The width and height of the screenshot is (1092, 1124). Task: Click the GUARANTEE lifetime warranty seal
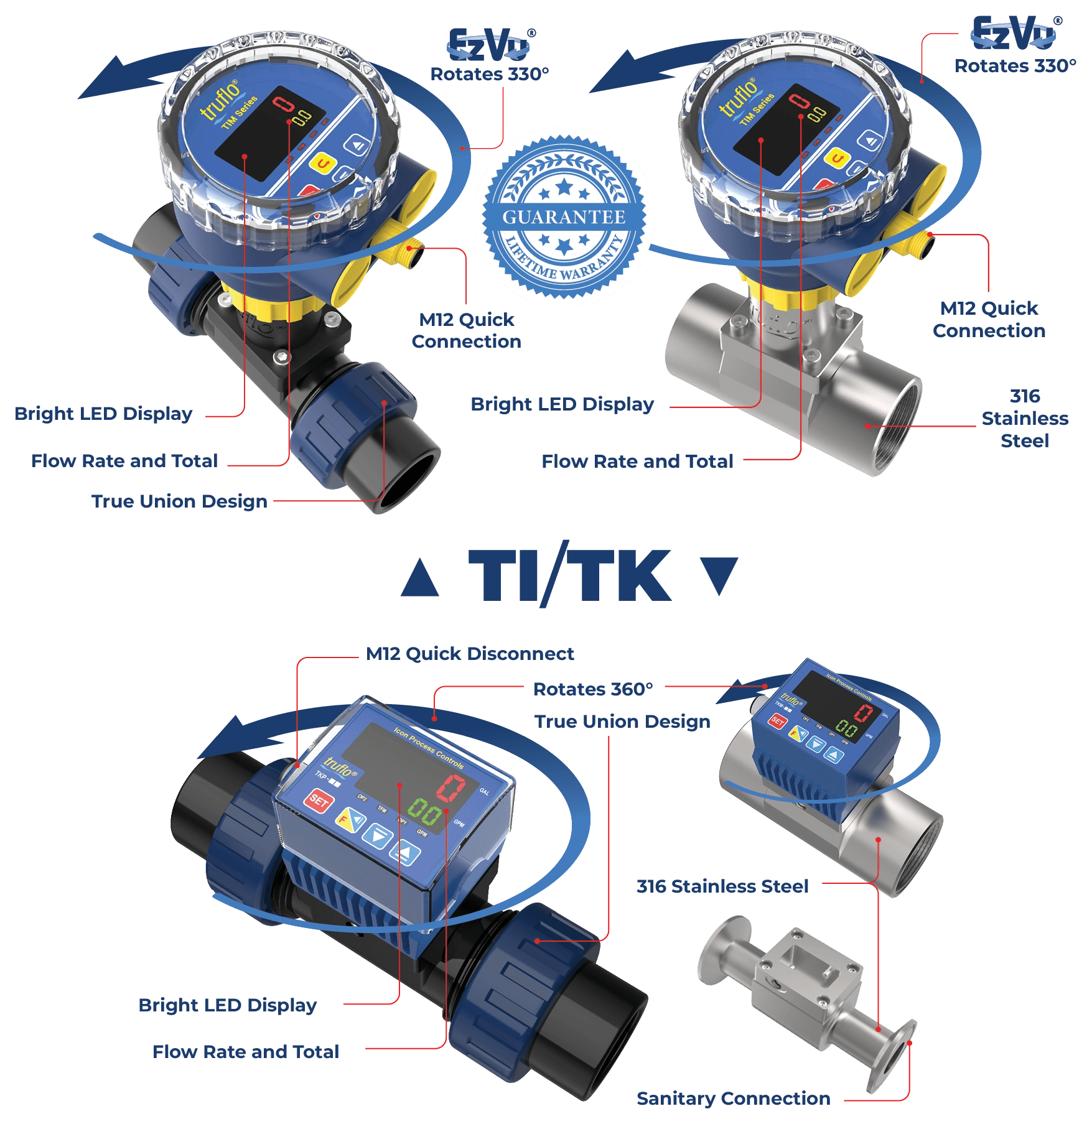pos(564,217)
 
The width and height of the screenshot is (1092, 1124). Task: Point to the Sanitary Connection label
pos(733,1098)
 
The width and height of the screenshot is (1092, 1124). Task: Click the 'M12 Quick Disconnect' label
pos(470,654)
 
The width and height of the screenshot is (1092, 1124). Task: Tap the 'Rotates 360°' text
pos(593,689)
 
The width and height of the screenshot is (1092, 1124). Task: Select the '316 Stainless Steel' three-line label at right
pos(1024,418)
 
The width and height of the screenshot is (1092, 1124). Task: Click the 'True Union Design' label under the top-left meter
pos(179,501)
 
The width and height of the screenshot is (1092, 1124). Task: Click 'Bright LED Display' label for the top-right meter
pos(562,404)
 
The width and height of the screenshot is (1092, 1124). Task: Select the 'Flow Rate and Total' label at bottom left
pos(246,1051)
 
